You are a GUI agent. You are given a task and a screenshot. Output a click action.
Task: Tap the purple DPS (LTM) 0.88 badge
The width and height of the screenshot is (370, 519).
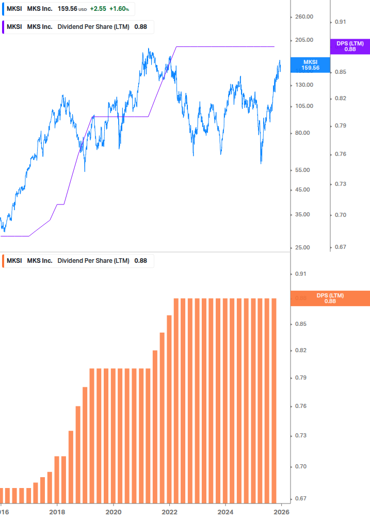tap(350, 46)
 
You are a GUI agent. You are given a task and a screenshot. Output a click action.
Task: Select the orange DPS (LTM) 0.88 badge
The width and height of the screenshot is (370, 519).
tap(330, 298)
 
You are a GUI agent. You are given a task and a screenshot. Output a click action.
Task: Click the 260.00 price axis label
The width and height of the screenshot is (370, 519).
tap(304, 17)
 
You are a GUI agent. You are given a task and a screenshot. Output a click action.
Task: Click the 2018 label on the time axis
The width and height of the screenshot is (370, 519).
tap(57, 512)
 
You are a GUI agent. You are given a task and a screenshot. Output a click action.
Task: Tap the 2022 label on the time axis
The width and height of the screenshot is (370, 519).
tap(169, 512)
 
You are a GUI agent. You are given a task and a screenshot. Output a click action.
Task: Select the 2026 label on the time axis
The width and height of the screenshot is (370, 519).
tap(281, 512)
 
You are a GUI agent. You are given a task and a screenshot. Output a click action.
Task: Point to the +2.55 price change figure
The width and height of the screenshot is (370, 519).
tap(98, 9)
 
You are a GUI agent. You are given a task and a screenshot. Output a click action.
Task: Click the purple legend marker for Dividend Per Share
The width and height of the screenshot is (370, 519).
tap(3, 27)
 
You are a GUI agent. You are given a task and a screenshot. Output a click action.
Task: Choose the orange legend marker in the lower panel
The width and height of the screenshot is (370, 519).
tap(3, 261)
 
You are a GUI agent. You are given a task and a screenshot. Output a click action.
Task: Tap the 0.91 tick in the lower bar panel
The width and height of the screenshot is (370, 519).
tap(300, 274)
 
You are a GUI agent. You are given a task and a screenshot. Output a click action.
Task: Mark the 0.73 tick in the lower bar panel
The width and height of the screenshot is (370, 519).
tap(300, 436)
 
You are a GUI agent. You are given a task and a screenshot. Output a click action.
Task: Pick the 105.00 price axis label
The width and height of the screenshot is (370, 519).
tap(304, 106)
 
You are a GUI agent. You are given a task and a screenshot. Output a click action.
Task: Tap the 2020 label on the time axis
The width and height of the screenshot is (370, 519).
tap(113, 512)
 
